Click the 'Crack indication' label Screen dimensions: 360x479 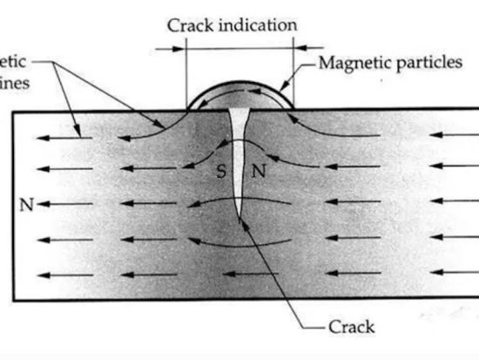click(x=231, y=24)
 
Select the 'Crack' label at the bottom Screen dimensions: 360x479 click(x=351, y=327)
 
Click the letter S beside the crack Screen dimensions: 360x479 click(x=220, y=172)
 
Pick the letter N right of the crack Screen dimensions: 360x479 click(x=258, y=172)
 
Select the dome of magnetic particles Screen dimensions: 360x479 click(x=239, y=96)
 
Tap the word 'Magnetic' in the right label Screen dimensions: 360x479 click(x=353, y=63)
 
